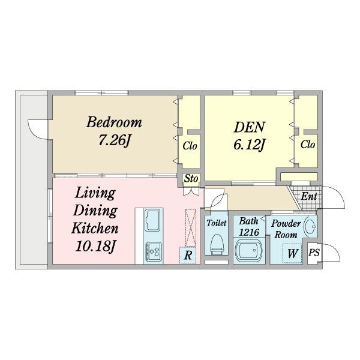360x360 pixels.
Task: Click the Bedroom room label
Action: pyautogui.click(x=114, y=122)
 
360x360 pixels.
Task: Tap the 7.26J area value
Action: pyautogui.click(x=114, y=140)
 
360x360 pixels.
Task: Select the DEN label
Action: pyautogui.click(x=250, y=127)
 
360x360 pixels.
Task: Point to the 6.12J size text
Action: pyautogui.click(x=250, y=145)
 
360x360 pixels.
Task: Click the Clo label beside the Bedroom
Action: pyautogui.click(x=190, y=146)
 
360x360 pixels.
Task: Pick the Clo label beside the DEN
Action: pyautogui.click(x=308, y=145)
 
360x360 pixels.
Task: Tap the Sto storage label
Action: pyautogui.click(x=191, y=178)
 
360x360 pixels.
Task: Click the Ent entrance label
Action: pyautogui.click(x=309, y=197)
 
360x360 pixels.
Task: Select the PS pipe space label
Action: pyautogui.click(x=314, y=253)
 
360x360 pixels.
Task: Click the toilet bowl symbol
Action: pyautogui.click(x=217, y=244)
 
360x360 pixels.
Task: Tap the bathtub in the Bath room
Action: pyautogui.click(x=250, y=250)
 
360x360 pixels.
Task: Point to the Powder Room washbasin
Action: pyautogui.click(x=310, y=226)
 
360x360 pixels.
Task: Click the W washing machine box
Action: pyautogui.click(x=292, y=253)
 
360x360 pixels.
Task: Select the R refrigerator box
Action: pyautogui.click(x=188, y=255)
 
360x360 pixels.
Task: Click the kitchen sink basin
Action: pyautogui.click(x=153, y=220)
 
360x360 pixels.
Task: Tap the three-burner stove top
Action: pyautogui.click(x=154, y=251)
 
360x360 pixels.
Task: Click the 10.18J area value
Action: pyautogui.click(x=95, y=247)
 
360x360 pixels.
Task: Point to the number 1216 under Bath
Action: pyautogui.click(x=249, y=232)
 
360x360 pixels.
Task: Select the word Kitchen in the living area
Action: pyautogui.click(x=95, y=228)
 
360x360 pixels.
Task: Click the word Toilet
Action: pyautogui.click(x=217, y=223)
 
